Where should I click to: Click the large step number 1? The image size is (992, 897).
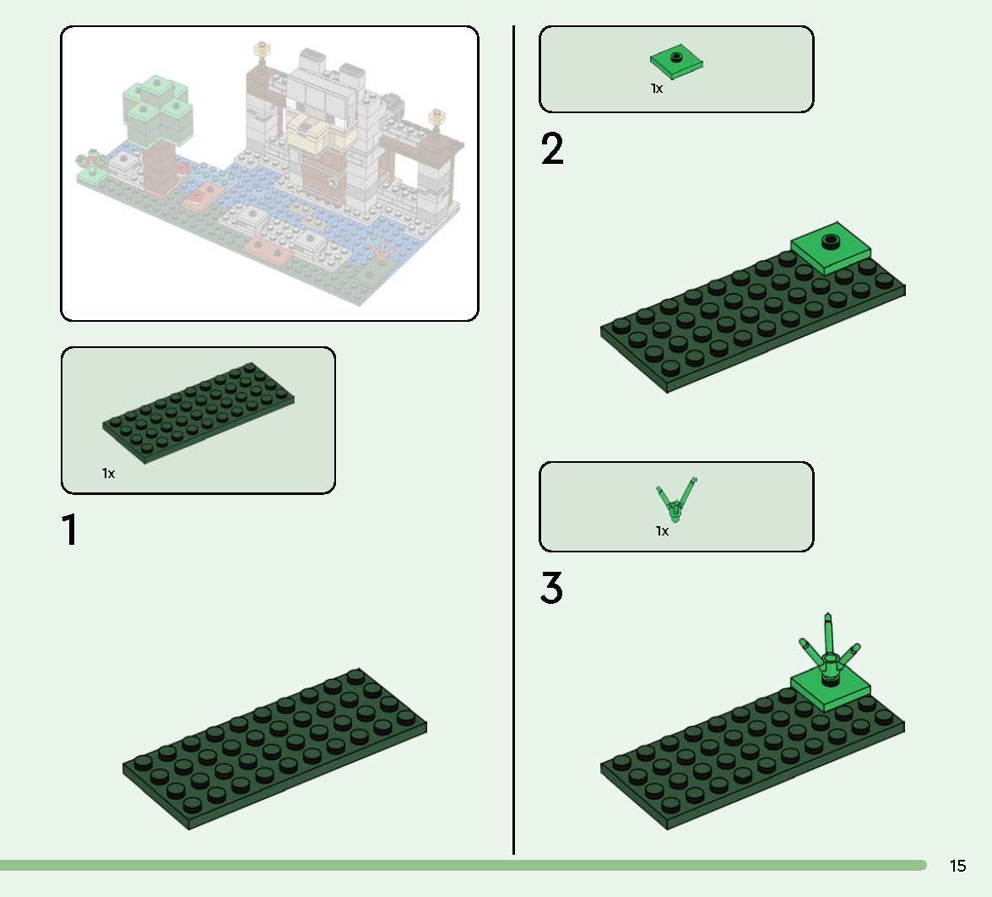tap(69, 530)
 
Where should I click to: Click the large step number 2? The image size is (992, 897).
tap(552, 149)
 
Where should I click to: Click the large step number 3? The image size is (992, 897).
tap(551, 589)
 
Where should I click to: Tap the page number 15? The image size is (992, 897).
tap(957, 866)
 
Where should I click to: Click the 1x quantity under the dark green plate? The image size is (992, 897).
tap(108, 474)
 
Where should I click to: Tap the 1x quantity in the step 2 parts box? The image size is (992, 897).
tap(656, 89)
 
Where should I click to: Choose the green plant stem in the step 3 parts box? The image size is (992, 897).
tap(676, 499)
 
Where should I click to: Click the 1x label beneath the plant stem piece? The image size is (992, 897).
tap(662, 531)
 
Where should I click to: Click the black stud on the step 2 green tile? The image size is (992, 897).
tap(832, 240)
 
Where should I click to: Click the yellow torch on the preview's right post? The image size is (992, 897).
tap(436, 117)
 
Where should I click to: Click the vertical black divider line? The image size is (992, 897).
tap(513, 439)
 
